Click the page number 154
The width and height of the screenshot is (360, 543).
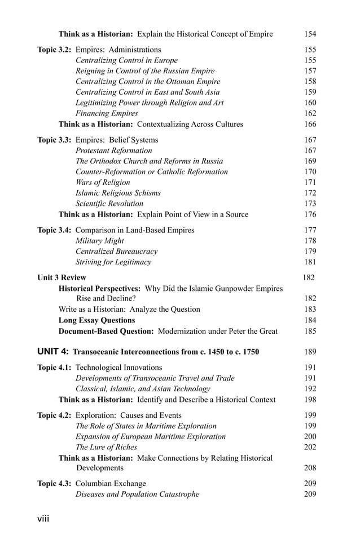click(x=310, y=34)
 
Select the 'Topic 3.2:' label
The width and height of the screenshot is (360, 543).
click(x=55, y=50)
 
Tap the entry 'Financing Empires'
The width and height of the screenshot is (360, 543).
click(x=107, y=113)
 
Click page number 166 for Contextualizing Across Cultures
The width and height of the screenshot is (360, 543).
click(x=310, y=124)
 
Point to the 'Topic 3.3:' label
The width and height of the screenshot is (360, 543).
click(x=55, y=140)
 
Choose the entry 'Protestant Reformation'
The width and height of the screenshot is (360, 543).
click(x=113, y=151)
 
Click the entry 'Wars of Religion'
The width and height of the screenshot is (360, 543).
click(x=103, y=182)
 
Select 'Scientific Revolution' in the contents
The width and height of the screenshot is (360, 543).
click(x=109, y=204)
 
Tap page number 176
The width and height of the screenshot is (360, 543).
click(x=310, y=214)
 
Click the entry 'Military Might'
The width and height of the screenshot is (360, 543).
click(x=100, y=241)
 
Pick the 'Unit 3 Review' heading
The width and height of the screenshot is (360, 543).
click(x=62, y=277)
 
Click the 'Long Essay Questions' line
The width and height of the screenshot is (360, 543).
click(x=96, y=320)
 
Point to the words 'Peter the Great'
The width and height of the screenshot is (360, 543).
click(x=250, y=331)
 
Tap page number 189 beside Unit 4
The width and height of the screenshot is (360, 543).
click(x=310, y=352)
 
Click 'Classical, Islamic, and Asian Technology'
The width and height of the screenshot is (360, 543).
click(x=143, y=389)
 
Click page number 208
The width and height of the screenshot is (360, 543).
click(x=310, y=468)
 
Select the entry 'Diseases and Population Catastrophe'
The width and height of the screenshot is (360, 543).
click(x=137, y=495)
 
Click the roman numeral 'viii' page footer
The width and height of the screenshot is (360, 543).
click(x=43, y=519)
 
